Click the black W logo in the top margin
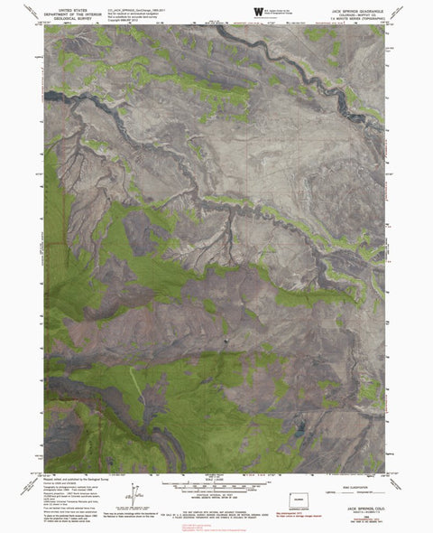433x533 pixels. click(x=259, y=10)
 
